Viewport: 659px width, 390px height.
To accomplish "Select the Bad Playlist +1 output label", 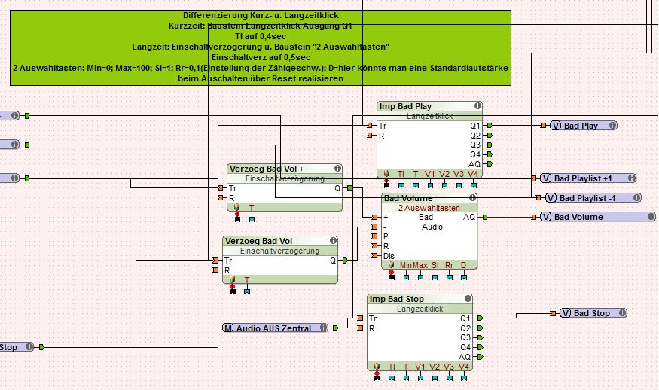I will pyautogui.click(x=583, y=178).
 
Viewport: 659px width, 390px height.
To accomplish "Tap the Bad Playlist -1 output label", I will pyautogui.click(x=593, y=198).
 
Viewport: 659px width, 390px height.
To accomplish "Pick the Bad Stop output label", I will pyautogui.click(x=591, y=313).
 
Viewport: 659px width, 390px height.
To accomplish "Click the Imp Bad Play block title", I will pyautogui.click(x=405, y=107).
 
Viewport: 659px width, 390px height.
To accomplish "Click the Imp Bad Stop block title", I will pyautogui.click(x=396, y=300).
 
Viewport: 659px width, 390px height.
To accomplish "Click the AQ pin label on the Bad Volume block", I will pyautogui.click(x=468, y=217).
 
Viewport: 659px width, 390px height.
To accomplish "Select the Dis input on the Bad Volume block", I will pyautogui.click(x=389, y=256).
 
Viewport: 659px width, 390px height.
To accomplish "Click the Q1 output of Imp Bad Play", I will pyautogui.click(x=474, y=126).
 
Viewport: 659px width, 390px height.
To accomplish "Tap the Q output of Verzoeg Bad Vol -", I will pyautogui.click(x=332, y=261).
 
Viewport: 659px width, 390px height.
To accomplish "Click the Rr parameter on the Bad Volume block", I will pyautogui.click(x=449, y=265).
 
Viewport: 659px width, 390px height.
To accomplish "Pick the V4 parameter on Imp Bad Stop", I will pyautogui.click(x=463, y=367).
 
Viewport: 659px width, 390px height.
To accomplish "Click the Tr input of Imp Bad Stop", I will pyautogui.click(x=373, y=318).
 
